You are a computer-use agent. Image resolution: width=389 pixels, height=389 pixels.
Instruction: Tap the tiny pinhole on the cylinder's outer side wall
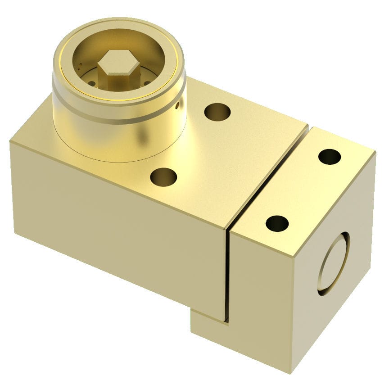point(177,106)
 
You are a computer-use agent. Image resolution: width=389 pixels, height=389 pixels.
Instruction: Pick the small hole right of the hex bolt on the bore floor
point(147,83)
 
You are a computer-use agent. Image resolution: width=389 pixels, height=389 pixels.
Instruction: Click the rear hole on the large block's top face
point(217,112)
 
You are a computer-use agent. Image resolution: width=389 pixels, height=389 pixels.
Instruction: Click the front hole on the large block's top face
point(163,177)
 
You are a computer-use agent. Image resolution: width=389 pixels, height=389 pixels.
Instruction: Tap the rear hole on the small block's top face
point(329,157)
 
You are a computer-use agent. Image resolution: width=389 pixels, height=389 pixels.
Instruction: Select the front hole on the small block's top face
point(277,223)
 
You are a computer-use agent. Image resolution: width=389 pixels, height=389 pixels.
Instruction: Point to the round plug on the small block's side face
point(334,263)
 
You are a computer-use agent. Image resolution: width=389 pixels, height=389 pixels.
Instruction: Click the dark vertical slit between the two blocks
point(227,275)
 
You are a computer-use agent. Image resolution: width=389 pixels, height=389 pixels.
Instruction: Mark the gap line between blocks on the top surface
point(270,176)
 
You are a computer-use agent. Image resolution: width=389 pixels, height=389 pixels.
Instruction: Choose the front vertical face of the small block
point(261,306)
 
